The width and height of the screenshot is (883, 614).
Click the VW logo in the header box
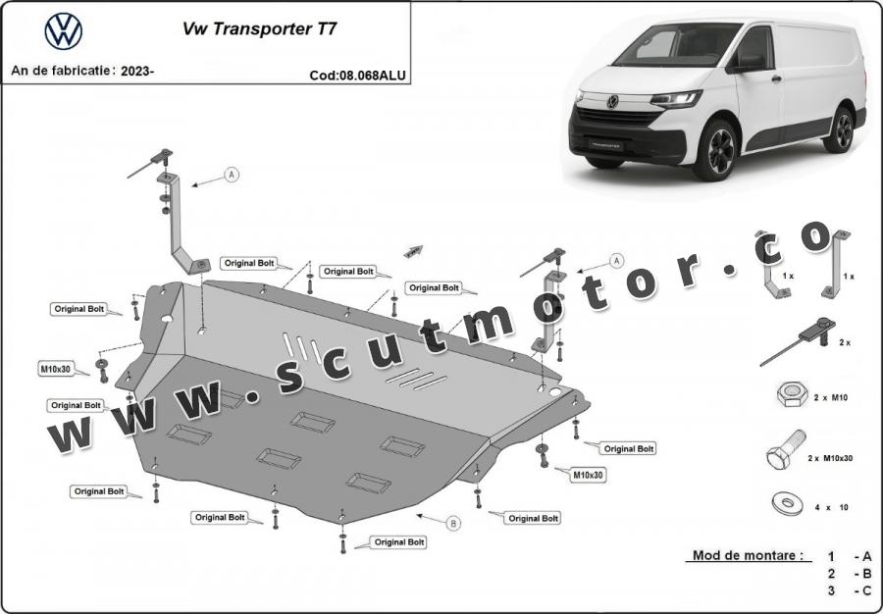click(x=63, y=31)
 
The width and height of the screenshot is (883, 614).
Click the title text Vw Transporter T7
click(x=260, y=29)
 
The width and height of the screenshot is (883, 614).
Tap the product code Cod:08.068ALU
click(x=357, y=76)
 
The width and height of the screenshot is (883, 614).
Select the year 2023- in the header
click(x=137, y=71)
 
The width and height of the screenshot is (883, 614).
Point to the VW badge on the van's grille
click(x=612, y=102)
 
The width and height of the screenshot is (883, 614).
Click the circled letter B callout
click(x=453, y=524)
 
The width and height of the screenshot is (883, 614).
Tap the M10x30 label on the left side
click(x=56, y=369)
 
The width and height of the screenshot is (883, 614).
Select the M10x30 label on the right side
click(x=588, y=475)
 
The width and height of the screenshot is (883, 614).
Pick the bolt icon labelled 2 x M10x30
click(x=786, y=449)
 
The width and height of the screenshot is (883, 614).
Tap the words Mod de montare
click(x=748, y=555)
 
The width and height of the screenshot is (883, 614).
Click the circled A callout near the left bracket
click(x=232, y=175)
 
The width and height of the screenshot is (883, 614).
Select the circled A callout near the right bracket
click(x=617, y=261)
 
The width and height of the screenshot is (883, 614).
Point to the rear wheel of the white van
click(x=839, y=130)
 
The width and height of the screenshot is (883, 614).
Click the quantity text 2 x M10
click(x=831, y=398)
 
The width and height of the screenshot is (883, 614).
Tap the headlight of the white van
click(x=676, y=99)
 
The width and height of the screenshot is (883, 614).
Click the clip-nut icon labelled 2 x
click(x=799, y=340)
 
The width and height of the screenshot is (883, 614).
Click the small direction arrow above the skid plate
click(x=413, y=251)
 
